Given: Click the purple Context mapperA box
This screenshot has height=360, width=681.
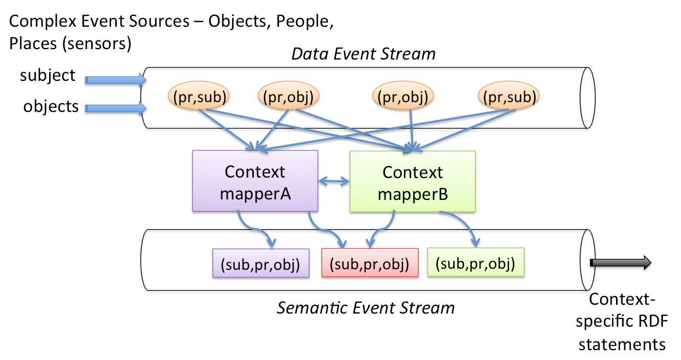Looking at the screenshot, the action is coord(255,181).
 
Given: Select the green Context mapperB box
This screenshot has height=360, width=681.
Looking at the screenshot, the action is coord(412,181).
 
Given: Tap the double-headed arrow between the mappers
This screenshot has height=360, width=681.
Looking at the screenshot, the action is coord(334,181).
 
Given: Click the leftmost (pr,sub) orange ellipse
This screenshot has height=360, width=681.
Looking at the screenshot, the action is coord(199,96).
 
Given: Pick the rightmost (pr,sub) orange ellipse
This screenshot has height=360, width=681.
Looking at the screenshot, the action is coord(509,96).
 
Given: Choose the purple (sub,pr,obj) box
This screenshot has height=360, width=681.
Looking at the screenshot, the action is coord(261,263).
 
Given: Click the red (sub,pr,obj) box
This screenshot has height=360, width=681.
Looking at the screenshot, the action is coord(370,263).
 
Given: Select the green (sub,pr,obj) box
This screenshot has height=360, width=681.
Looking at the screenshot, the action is coord(476,262).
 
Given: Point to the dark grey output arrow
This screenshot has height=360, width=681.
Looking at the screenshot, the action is coord(620,263).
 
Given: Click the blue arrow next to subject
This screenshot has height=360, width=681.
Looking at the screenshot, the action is coord(116,80).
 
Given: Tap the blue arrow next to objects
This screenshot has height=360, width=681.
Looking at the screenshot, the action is coord(116,108).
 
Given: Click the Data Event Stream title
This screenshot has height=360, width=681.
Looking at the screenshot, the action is coord(363,54).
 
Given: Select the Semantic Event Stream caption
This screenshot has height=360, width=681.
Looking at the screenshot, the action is coord(366,308).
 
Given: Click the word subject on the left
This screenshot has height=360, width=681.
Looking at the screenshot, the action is coord(48,75).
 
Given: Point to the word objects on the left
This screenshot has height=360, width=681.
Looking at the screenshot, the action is coord(51,107).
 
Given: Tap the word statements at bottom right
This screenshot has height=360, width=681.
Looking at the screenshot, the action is coord(622,345).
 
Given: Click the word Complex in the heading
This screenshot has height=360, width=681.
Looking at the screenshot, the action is coord(43,22).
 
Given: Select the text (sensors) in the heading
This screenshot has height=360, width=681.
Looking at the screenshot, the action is coord(97,44).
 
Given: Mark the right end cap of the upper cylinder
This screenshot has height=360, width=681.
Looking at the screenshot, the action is coord(588,98).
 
